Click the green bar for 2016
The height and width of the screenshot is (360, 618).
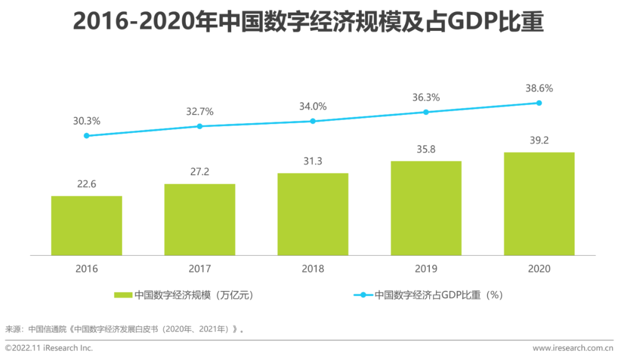click(86, 226)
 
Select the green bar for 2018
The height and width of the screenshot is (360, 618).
click(313, 214)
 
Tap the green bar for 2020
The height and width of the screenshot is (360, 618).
click(539, 204)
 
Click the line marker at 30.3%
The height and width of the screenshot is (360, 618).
click(86, 136)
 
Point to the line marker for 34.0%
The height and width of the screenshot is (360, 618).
click(313, 121)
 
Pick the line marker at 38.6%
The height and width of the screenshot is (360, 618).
click(539, 103)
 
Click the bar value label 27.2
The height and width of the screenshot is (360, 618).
click(200, 171)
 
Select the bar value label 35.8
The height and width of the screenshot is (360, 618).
click(426, 148)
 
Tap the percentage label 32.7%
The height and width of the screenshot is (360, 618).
click(200, 112)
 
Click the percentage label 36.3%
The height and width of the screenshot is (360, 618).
click(426, 98)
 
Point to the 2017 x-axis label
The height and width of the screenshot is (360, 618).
click(200, 268)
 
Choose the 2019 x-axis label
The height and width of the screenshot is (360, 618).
click(426, 268)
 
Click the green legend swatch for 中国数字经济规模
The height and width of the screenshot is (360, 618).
click(123, 295)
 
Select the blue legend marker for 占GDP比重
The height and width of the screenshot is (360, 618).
click(363, 295)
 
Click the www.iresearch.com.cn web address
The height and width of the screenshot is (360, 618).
click(572, 348)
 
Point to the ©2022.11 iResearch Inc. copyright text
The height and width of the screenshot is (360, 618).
click(49, 348)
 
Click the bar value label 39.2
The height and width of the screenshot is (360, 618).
click(539, 139)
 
